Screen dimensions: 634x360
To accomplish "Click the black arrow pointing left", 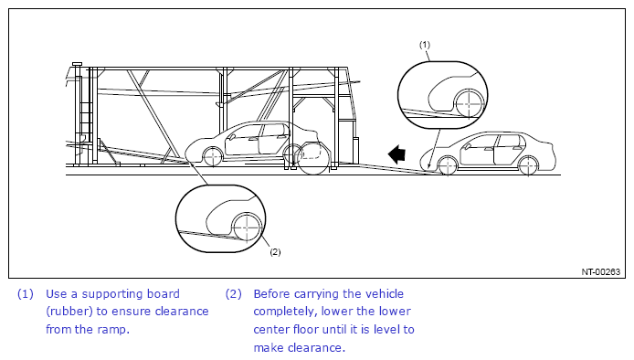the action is pos(396,154).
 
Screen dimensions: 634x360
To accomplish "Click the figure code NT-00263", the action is pos(601,271).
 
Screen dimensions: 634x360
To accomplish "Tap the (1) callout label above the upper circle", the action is pos(425,45).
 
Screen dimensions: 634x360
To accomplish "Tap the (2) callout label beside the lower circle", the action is pos(275,251).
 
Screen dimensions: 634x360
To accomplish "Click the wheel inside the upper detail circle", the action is pos(469,103).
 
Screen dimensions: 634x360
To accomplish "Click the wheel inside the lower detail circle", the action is pos(247,227).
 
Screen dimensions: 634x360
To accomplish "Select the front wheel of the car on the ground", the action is pos(448,165).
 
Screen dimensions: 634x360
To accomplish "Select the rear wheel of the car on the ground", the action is pos(528,166).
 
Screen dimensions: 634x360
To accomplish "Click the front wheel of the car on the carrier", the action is pos(213,157).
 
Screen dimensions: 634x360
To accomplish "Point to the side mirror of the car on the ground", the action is pos(469,146).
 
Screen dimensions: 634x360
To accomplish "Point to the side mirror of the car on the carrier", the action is pos(232,137).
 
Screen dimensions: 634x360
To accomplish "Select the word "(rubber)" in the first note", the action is pos(69,312).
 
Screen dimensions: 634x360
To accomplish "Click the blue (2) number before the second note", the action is pos(233,294).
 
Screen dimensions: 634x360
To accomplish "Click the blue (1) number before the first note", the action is pos(25,294).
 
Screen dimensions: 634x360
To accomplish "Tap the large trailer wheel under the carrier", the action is pos(313,159).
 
